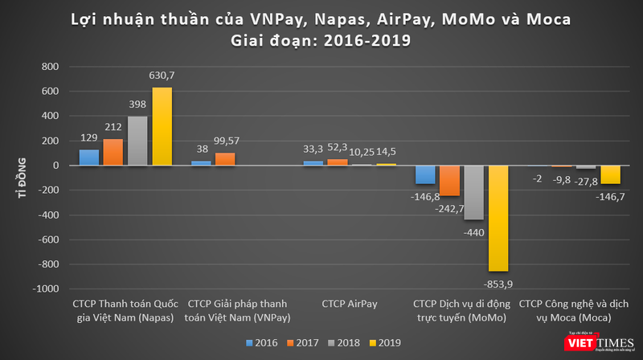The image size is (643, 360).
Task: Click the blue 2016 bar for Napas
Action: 89,157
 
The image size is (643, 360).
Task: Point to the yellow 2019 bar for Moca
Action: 610,174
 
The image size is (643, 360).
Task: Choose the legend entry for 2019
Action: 385,343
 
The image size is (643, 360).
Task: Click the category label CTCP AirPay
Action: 348,304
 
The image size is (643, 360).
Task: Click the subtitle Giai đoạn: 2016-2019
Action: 321,39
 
